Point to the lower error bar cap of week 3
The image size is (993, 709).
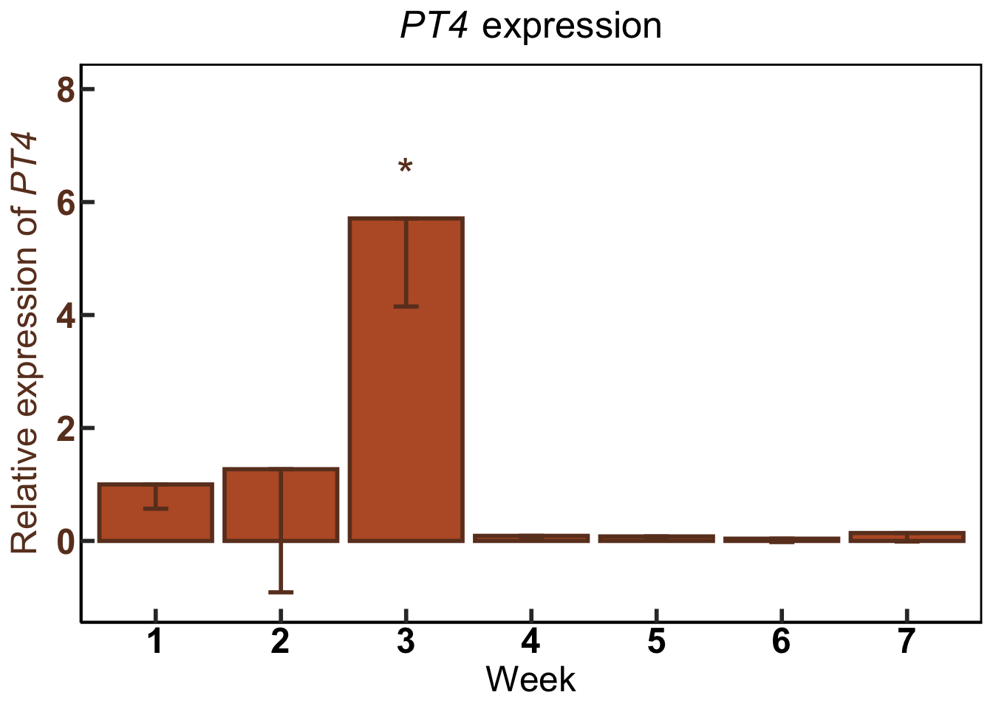tap(406, 306)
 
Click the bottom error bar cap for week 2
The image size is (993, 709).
tap(281, 592)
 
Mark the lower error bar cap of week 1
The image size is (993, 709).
tap(156, 509)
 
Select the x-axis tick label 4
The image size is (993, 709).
tap(530, 642)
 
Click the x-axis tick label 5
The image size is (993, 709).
tap(656, 642)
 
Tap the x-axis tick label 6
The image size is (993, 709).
tap(781, 642)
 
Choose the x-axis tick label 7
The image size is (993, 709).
tap(907, 642)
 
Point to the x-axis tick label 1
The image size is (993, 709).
tap(155, 642)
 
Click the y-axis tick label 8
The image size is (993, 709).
tap(66, 90)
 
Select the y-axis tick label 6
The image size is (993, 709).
tap(66, 203)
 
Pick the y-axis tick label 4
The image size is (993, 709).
tap(66, 316)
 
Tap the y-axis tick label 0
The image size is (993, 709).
tap(66, 541)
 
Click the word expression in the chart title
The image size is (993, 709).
tap(571, 27)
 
